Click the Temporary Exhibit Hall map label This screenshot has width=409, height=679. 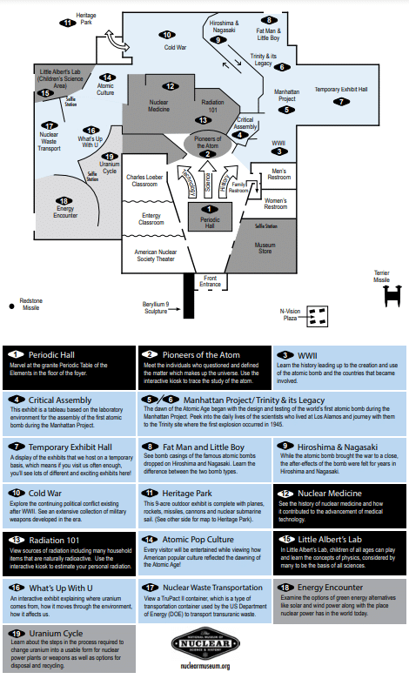coord(341,90)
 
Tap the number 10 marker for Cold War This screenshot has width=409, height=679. coord(167,35)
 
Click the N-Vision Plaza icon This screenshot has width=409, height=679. coord(318,314)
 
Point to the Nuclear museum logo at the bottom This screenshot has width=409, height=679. coord(204,642)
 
